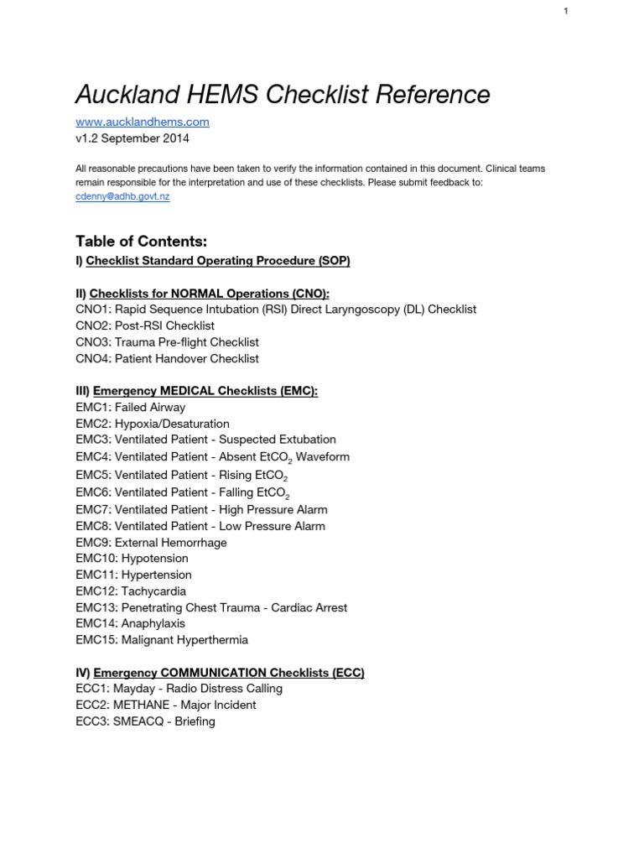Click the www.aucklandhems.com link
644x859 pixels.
click(142, 122)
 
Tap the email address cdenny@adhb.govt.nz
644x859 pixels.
click(123, 196)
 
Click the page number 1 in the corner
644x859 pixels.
click(566, 10)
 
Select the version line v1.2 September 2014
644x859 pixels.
click(132, 138)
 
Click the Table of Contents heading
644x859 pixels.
click(141, 242)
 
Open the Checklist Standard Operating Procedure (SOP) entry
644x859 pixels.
click(218, 261)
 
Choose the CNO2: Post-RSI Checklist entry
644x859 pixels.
click(156, 325)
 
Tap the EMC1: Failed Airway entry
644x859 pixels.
click(130, 408)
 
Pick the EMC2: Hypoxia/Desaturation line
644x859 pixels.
click(152, 424)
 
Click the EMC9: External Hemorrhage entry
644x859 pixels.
click(151, 543)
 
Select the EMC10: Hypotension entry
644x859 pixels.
click(132, 559)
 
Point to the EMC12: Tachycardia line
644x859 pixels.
click(131, 591)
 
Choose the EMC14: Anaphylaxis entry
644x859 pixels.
click(130, 624)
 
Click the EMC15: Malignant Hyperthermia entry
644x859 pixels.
click(162, 640)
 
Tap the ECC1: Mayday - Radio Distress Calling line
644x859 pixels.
click(179, 689)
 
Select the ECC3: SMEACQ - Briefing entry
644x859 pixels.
click(145, 721)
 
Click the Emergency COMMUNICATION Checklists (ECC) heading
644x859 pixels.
click(229, 673)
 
